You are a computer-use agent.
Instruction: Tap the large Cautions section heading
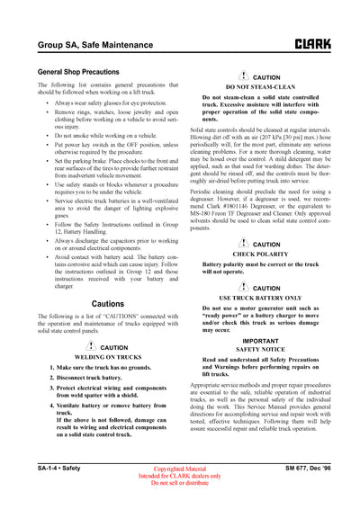tap(108, 304)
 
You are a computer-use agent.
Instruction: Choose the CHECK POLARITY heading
tap(261, 254)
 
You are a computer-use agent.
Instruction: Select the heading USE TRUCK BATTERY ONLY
tap(261, 296)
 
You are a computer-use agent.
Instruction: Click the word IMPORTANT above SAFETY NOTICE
tap(261, 341)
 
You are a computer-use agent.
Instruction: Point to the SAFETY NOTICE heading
tap(261, 349)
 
